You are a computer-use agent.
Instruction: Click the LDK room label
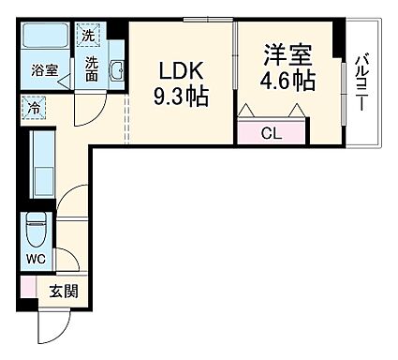(x=177, y=71)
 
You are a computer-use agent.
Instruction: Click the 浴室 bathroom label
(x=44, y=70)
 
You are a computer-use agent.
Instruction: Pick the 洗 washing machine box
(x=88, y=36)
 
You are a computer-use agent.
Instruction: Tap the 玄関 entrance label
(x=63, y=291)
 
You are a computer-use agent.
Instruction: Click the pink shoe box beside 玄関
(x=28, y=289)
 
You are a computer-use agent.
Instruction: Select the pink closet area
(x=272, y=132)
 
